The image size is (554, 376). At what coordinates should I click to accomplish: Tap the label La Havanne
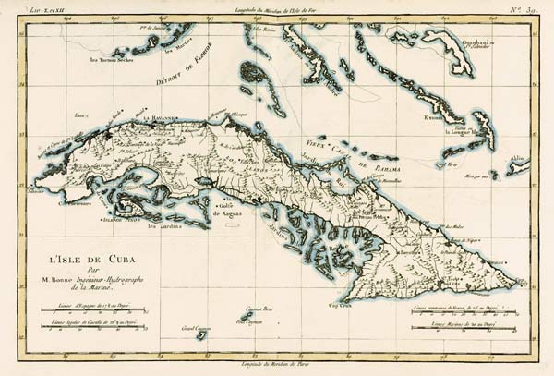coord(160,119)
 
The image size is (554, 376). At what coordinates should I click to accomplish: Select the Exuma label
coord(434,118)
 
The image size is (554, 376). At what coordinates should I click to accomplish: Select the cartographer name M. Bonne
coord(86,282)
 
